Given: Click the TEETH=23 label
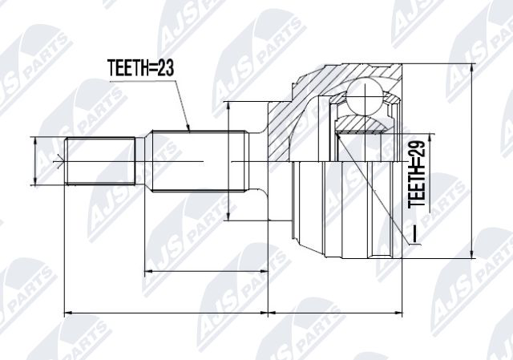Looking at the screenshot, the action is pyautogui.click(x=141, y=67).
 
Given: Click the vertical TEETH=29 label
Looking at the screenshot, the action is pyautogui.click(x=417, y=174).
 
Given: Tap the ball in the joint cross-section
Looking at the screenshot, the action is pyautogui.click(x=365, y=96).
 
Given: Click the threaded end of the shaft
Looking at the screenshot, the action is pyautogui.click(x=100, y=161).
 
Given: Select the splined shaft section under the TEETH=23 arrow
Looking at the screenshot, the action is pyautogui.click(x=197, y=161).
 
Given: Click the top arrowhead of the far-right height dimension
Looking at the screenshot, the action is pyautogui.click(x=472, y=68).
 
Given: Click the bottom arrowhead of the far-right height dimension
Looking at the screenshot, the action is pyautogui.click(x=472, y=254).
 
